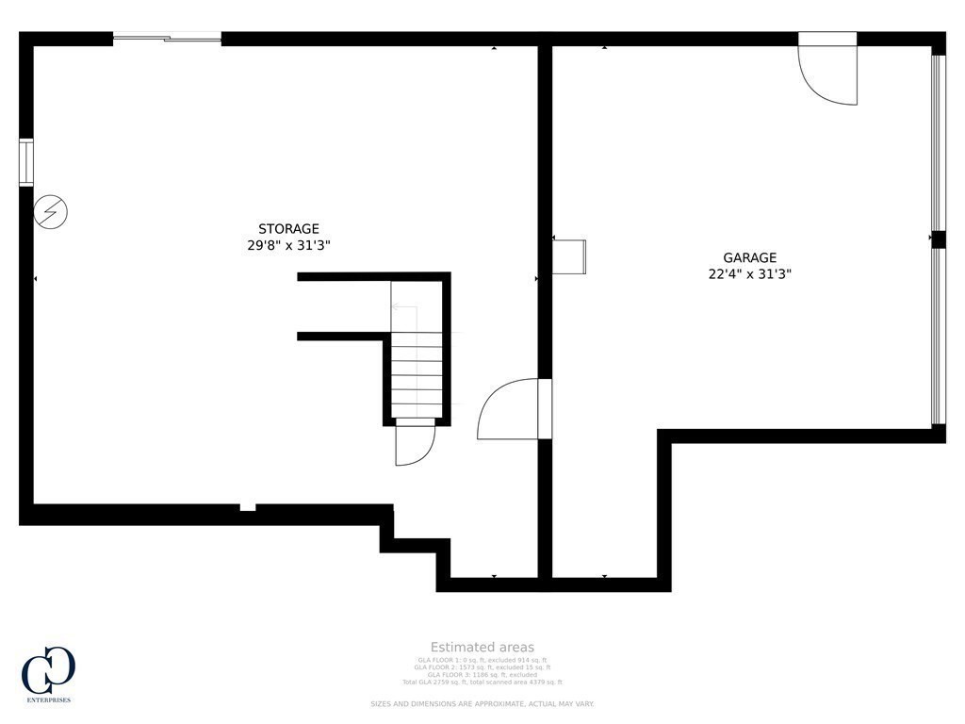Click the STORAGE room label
click(x=288, y=229)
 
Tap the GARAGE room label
click(x=749, y=257)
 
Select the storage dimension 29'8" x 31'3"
click(x=288, y=245)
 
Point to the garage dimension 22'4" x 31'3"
click(x=749, y=274)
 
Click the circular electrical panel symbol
click(x=49, y=212)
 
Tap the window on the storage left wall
click(x=26, y=162)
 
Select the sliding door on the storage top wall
click(x=167, y=38)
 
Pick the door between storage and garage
click(x=514, y=410)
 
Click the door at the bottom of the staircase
click(x=414, y=444)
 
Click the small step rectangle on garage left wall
click(x=569, y=256)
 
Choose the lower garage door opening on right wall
click(x=937, y=336)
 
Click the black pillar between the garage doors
click(x=938, y=239)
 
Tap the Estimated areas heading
click(x=482, y=647)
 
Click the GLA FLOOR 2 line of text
click(x=482, y=667)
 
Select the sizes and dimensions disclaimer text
click(x=482, y=704)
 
